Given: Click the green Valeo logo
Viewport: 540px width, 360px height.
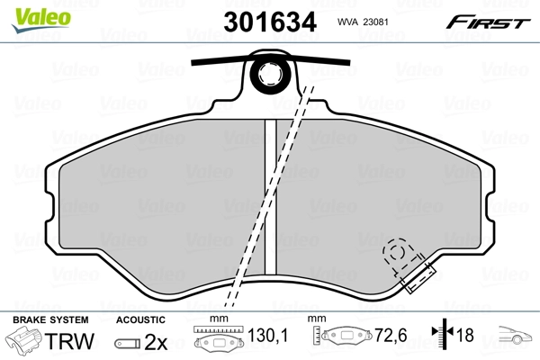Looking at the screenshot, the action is coord(41,21).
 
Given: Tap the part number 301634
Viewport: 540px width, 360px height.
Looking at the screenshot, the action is coord(270,22).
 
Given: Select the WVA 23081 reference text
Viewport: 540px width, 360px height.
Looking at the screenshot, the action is coord(363,22).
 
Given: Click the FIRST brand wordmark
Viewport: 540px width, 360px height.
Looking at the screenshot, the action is coord(488,22).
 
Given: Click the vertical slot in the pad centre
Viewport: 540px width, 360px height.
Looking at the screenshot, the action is coord(270,197).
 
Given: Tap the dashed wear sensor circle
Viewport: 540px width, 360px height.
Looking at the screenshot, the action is coord(397,252).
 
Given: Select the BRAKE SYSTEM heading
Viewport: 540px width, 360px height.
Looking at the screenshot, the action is coord(50,319).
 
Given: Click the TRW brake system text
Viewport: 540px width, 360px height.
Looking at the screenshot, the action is coord(69,341).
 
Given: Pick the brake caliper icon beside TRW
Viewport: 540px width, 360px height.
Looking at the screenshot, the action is coord(23,340).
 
